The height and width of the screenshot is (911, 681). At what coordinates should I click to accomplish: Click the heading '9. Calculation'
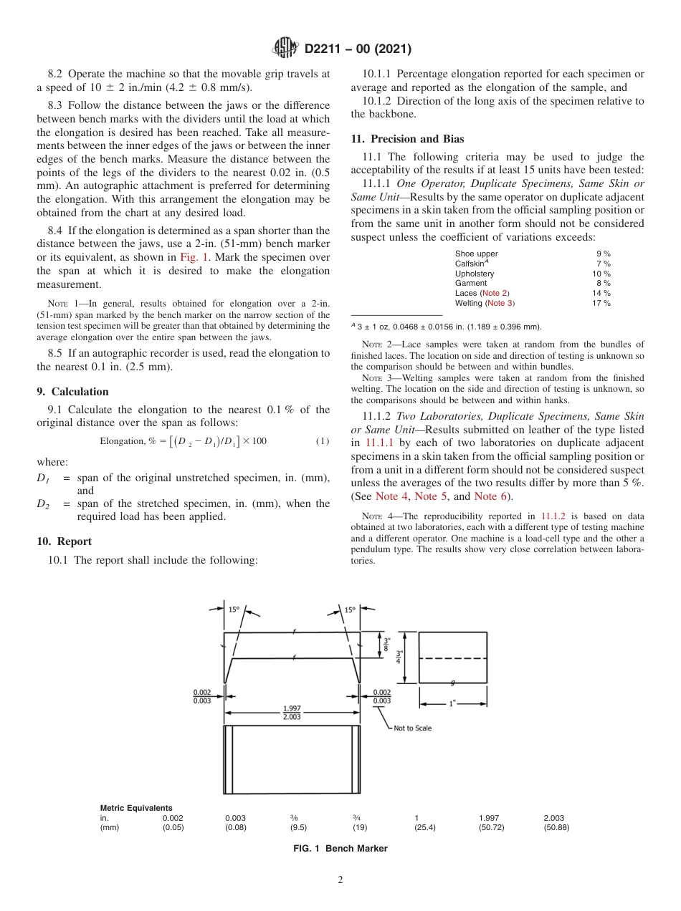pyautogui.click(x=72, y=392)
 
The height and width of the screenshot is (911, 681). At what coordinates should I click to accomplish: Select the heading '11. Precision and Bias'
pyautogui.click(x=407, y=139)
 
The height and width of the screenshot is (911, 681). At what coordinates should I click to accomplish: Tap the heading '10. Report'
pyautogui.click(x=64, y=541)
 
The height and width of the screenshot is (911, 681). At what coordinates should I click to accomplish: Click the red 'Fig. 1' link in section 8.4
pyautogui.click(x=195, y=257)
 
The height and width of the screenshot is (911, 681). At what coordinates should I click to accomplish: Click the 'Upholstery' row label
pyautogui.click(x=475, y=274)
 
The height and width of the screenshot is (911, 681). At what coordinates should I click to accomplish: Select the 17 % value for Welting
pyautogui.click(x=601, y=303)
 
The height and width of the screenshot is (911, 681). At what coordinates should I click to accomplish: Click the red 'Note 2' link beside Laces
pyautogui.click(x=495, y=293)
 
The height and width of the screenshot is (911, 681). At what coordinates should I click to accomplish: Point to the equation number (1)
pyautogui.click(x=323, y=440)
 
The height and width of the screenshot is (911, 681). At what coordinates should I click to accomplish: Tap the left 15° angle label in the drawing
pyautogui.click(x=234, y=609)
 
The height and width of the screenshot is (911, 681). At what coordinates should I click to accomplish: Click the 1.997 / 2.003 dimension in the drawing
pyautogui.click(x=292, y=713)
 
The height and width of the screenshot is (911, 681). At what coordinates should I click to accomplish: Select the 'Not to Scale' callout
pyautogui.click(x=413, y=728)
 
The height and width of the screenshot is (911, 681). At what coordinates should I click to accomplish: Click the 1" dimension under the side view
pyautogui.click(x=452, y=703)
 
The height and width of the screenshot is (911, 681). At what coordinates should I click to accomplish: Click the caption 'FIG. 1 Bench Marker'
pyautogui.click(x=340, y=849)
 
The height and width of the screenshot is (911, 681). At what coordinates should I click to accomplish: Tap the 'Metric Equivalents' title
pyautogui.click(x=136, y=808)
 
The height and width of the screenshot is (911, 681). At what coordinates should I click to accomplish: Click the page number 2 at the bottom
pyautogui.click(x=340, y=880)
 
